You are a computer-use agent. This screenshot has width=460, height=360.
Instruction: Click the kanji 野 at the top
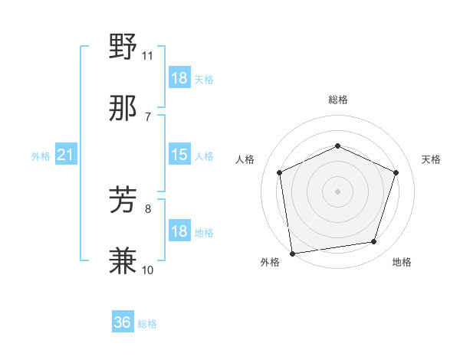(x=123, y=48)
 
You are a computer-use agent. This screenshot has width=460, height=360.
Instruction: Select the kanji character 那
(x=123, y=109)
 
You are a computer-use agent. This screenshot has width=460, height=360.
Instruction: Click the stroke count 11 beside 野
(x=148, y=56)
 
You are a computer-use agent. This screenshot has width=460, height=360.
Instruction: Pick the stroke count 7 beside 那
(x=148, y=116)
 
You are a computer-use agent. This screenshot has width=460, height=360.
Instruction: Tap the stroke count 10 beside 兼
(x=148, y=270)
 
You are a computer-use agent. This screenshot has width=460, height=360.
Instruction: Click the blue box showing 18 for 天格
(x=179, y=78)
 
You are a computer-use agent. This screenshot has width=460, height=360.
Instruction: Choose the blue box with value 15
(x=179, y=155)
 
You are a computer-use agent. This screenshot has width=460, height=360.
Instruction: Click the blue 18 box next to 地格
(x=179, y=231)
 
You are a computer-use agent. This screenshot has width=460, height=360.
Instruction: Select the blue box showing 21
(x=66, y=155)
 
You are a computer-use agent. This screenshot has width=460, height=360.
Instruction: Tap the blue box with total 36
(x=123, y=322)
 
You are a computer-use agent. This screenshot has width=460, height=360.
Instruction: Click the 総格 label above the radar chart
(x=338, y=100)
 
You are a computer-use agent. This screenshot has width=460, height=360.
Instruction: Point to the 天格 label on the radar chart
(x=431, y=159)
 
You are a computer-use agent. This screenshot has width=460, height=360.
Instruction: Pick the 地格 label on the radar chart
(x=402, y=263)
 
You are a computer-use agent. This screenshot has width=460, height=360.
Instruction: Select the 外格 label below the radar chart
(x=270, y=263)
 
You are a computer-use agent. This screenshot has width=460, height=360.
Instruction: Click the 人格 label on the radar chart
(x=245, y=159)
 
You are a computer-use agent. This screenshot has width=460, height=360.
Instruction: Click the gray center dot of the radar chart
(x=337, y=191)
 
